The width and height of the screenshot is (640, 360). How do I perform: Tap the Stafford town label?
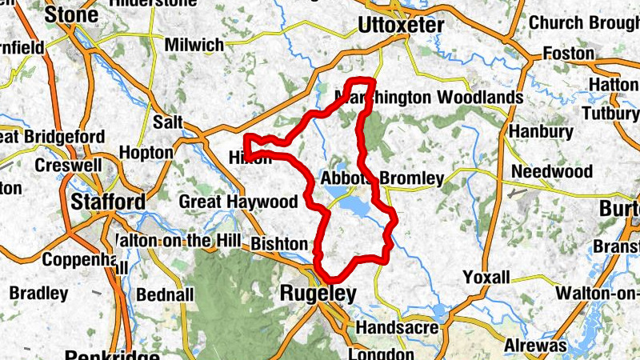pos(108,201)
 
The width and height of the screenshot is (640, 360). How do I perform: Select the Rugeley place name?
pos(318,294)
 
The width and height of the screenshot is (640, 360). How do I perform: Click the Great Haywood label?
pos(226,201)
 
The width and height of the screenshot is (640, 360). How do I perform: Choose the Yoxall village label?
pos(486,278)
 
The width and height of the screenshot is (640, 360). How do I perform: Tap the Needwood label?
pos(552,172)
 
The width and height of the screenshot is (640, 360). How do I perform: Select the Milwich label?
pos(194,46)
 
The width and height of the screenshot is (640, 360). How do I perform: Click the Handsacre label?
pos(396,328)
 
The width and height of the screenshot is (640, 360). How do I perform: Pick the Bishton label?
pos(278,243)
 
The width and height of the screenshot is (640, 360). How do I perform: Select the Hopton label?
pos(146,152)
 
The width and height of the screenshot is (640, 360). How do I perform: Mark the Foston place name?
pos(568,54)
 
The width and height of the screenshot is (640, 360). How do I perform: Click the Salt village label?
pos(167,122)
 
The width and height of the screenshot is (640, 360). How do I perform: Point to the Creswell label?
pos(65,166)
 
